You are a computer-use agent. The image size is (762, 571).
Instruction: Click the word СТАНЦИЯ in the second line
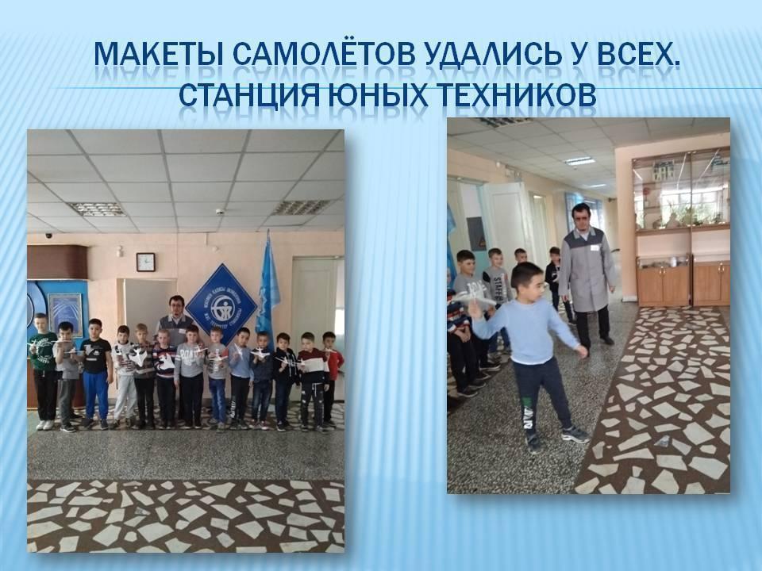pos(248,94)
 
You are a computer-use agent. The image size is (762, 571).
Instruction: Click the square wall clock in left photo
pos(145,263)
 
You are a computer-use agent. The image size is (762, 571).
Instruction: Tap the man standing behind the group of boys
pos(175,315)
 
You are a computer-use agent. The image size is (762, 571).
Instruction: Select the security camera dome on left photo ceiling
pos(220,212)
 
